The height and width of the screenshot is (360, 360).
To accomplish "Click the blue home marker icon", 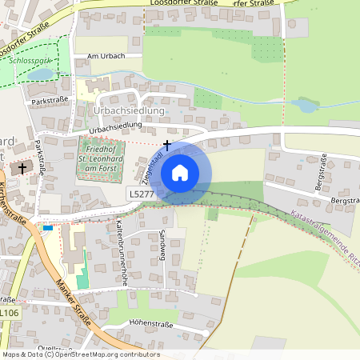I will [x=180, y=172].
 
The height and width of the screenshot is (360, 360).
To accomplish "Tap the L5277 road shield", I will [x=141, y=194].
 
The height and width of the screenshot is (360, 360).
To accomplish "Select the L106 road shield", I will [x=10, y=313].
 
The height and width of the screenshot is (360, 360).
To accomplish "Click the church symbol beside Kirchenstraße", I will [x=22, y=168].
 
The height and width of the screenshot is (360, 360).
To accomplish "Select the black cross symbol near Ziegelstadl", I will [x=167, y=145].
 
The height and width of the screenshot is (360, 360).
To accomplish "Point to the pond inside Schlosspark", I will [x=40, y=75].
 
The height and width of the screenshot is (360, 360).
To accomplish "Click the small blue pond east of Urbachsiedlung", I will [x=306, y=105].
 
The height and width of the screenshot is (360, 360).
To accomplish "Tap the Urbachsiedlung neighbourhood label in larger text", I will [x=128, y=110].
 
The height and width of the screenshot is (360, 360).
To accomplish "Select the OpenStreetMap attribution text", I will [x=80, y=354].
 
